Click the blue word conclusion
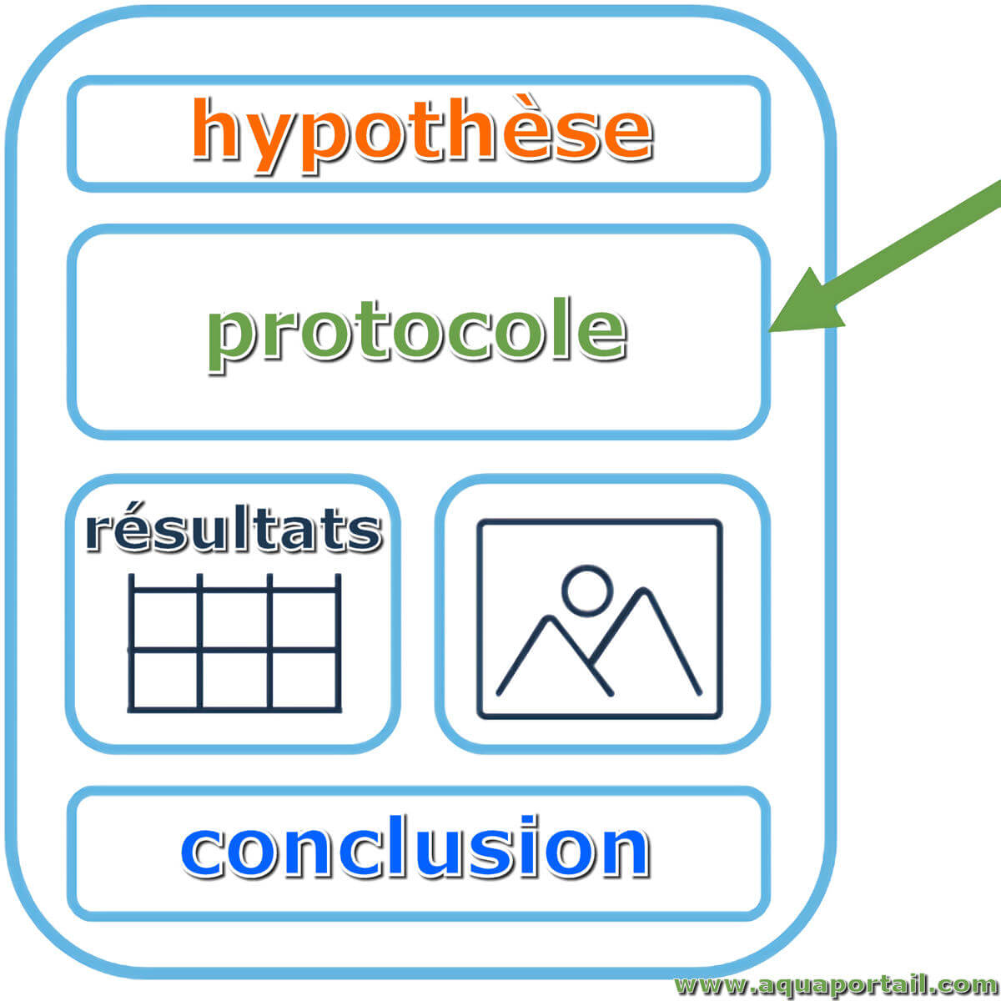(415, 846)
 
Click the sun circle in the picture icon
(587, 591)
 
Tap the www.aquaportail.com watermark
(837, 984)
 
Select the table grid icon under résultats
(234, 642)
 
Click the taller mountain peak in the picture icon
(644, 592)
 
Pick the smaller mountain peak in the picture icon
(549, 619)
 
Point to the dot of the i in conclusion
(528, 822)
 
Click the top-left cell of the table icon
(166, 621)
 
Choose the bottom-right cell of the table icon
(304, 680)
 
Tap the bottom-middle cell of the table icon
(234, 680)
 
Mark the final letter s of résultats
(365, 533)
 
